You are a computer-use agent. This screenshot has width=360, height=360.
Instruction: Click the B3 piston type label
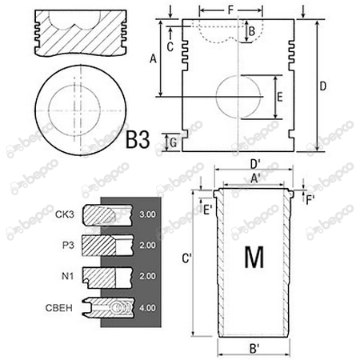pyautogui.click(x=138, y=141)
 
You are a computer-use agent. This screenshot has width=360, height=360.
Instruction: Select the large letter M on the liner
pyautogui.click(x=254, y=258)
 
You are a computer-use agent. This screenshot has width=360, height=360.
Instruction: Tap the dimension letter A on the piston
pyautogui.click(x=152, y=58)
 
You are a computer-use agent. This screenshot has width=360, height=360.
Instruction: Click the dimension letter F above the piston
pyautogui.click(x=230, y=11)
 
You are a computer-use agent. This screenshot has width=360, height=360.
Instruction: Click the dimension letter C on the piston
pyautogui.click(x=170, y=46)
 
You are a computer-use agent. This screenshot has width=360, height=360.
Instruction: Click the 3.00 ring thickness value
pyautogui.click(x=147, y=215)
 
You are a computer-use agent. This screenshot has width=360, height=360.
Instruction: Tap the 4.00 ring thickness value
pyautogui.click(x=147, y=306)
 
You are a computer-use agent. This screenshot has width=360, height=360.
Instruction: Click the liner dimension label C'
pyautogui.click(x=185, y=258)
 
